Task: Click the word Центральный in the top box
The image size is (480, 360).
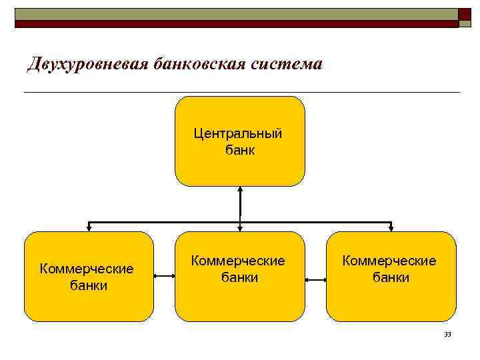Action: point(239,134)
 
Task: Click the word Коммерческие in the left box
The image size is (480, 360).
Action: point(87,269)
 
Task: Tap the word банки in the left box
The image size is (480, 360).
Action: point(88,285)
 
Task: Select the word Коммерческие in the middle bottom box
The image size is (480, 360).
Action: point(238,261)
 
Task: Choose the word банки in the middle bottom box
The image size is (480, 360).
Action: point(239,277)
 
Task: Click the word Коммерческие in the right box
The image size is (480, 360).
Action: point(389,261)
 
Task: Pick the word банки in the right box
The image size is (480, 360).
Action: point(391,277)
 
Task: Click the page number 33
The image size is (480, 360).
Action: point(447,334)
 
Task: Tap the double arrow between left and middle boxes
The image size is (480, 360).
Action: point(163,275)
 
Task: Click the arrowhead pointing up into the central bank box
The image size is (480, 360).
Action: point(240,189)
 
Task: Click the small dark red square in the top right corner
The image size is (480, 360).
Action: point(465,14)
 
